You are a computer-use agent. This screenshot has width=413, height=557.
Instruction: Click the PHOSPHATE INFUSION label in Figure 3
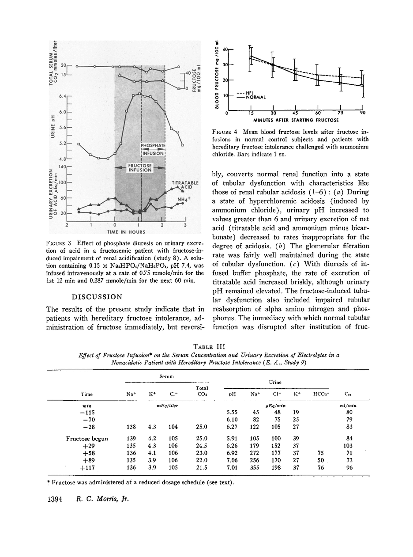[x=153, y=149]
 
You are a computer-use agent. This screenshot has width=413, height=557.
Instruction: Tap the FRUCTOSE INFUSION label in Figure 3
[x=140, y=167]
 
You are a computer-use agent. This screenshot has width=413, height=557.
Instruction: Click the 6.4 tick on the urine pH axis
[x=63, y=96]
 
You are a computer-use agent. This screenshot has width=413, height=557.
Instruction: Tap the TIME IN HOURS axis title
[x=126, y=231]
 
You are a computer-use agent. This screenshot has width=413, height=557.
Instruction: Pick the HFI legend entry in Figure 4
[x=250, y=93]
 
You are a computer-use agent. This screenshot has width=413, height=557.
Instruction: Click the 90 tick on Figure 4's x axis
[x=362, y=113]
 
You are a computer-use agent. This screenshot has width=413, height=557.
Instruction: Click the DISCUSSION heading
[x=96, y=296]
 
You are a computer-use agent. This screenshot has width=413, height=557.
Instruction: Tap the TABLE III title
[x=206, y=347]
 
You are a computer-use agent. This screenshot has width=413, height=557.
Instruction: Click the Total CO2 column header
[x=202, y=391]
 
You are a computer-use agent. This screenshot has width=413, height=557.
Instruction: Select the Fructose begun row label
[x=87, y=439]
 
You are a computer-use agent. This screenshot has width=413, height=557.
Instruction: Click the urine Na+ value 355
[x=255, y=468]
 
